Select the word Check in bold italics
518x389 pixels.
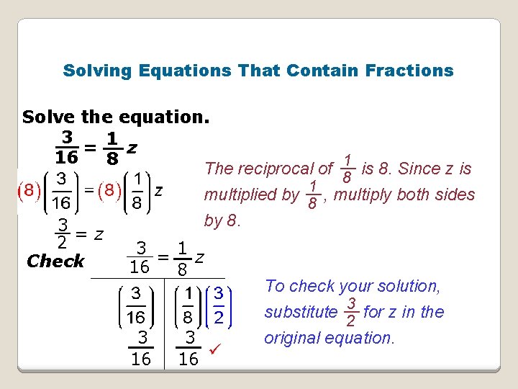(55, 261)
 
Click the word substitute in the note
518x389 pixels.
(301, 313)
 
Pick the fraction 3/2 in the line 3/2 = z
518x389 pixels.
(63, 233)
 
